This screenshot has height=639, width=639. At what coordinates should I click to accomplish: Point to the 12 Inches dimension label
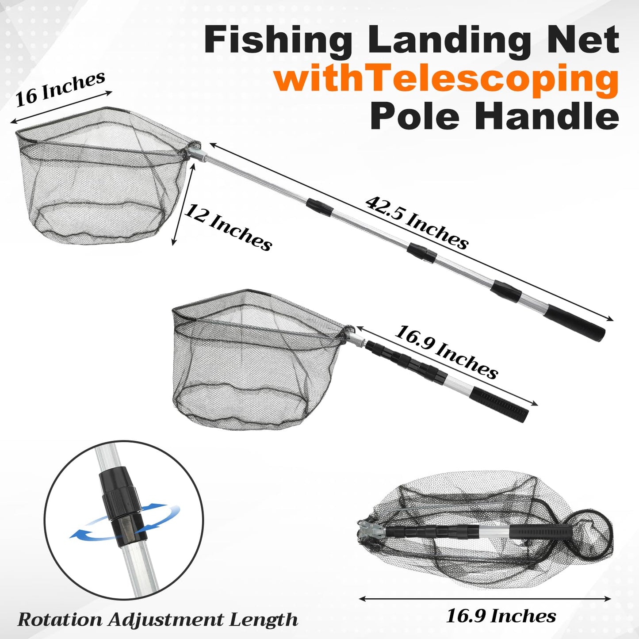[228, 227]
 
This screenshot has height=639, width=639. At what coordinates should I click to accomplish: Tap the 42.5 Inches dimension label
[417, 222]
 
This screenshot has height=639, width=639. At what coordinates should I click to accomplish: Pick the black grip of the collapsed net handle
[501, 404]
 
